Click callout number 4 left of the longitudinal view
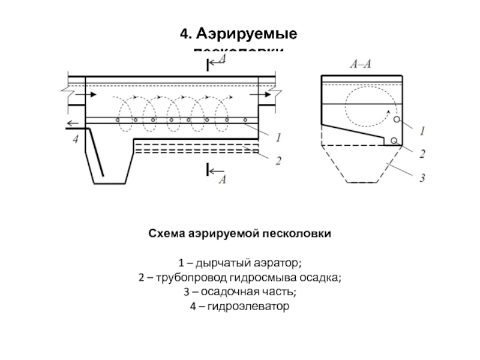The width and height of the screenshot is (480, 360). [76, 140]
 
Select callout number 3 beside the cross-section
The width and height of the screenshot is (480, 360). [422, 178]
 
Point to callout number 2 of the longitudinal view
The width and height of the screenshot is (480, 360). [278, 160]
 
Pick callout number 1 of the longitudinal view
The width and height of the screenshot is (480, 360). [278, 137]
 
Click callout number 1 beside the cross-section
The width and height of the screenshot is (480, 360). [422, 130]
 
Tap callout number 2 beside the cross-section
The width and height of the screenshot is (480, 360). [422, 154]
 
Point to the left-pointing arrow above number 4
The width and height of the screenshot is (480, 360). [73, 124]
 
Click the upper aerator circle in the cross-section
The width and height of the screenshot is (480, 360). [397, 120]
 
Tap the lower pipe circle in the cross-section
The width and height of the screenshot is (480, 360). [394, 140]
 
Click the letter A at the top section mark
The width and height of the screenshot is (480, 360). [223, 58]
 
